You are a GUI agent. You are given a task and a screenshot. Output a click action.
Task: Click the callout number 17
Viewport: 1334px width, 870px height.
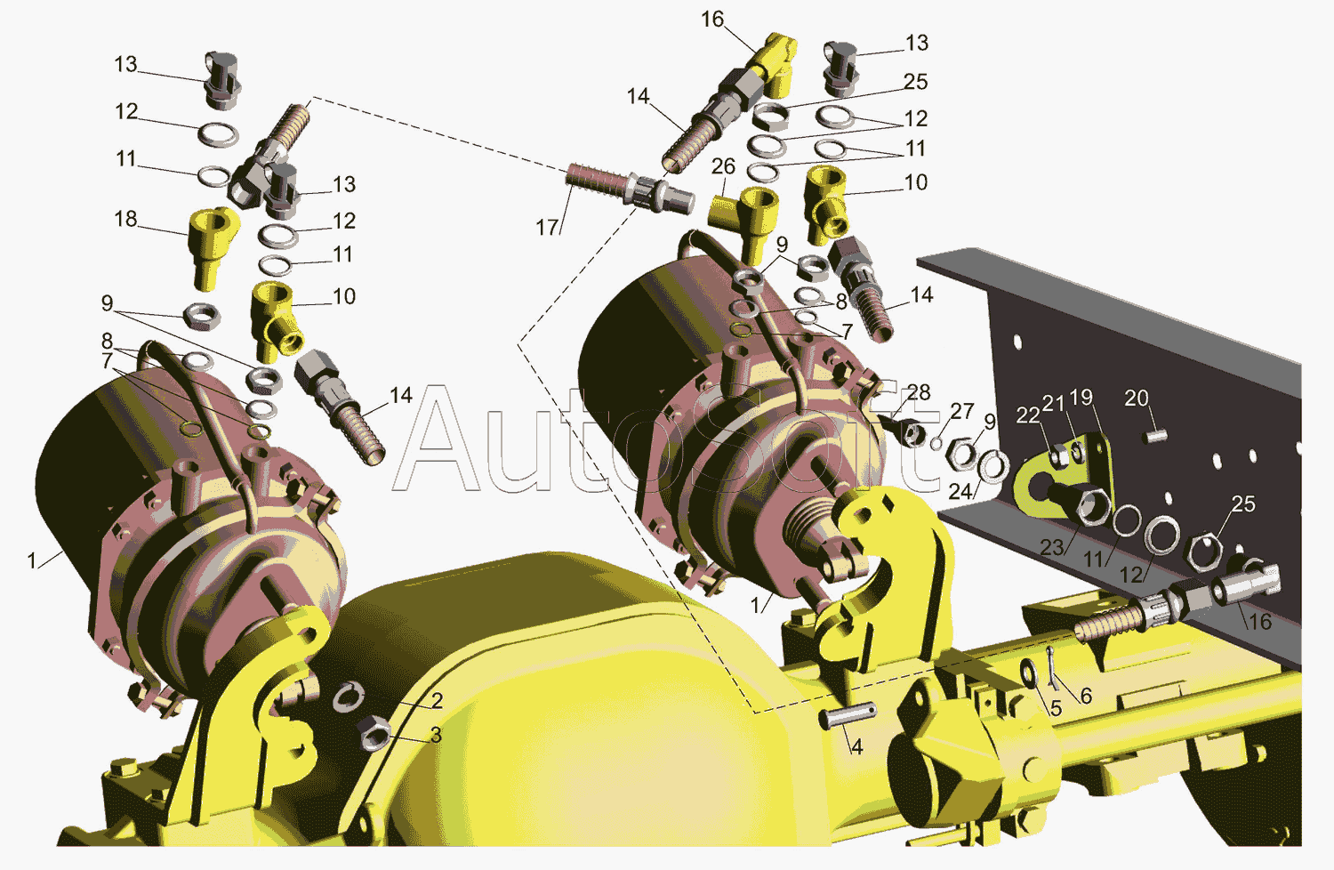(x=547, y=227)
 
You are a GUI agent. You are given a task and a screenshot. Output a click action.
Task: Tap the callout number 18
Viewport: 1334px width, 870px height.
(x=125, y=219)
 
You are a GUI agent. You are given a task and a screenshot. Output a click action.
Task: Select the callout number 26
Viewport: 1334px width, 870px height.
(x=723, y=166)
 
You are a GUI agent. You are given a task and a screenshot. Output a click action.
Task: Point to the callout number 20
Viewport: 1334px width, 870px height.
(x=1137, y=398)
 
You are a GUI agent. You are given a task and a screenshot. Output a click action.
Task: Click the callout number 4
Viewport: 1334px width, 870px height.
(x=856, y=746)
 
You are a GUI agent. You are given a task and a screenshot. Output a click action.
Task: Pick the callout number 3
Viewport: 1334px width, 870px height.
(x=437, y=736)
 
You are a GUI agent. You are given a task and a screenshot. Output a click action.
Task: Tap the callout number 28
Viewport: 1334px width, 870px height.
(x=919, y=392)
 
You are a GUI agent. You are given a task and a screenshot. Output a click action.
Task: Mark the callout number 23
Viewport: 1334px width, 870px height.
(x=1052, y=547)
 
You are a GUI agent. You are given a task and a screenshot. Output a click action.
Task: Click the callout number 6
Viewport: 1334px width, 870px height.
(x=1086, y=696)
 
